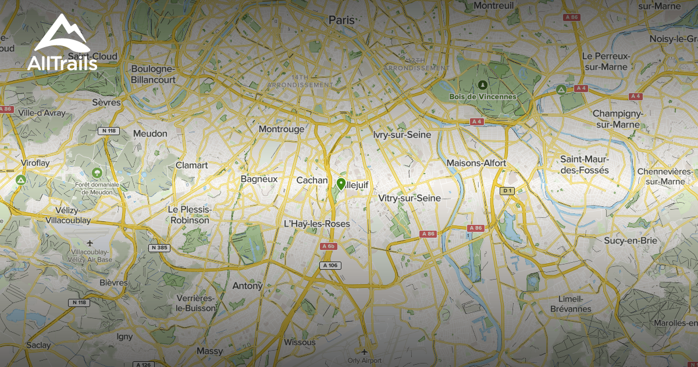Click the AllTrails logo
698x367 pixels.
tap(62, 44)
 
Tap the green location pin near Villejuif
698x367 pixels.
tap(341, 184)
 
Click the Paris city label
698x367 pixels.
tap(341, 20)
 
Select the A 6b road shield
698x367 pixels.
tap(329, 246)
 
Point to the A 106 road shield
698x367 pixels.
tap(330, 266)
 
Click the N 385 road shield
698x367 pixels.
tap(160, 248)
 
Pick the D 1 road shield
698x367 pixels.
tap(508, 190)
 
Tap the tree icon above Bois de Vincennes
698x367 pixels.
tap(482, 85)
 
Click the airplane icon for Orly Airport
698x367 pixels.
tap(364, 352)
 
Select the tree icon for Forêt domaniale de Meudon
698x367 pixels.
tap(97, 172)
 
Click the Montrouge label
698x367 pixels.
tap(282, 129)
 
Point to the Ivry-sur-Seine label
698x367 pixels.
tap(403, 135)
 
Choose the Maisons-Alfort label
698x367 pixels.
tap(476, 163)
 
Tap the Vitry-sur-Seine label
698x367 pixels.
tap(409, 198)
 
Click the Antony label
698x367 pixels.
tap(247, 285)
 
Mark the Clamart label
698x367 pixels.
tap(191, 165)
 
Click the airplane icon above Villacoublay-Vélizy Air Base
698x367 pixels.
tap(90, 242)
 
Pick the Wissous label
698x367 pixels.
tap(300, 342)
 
